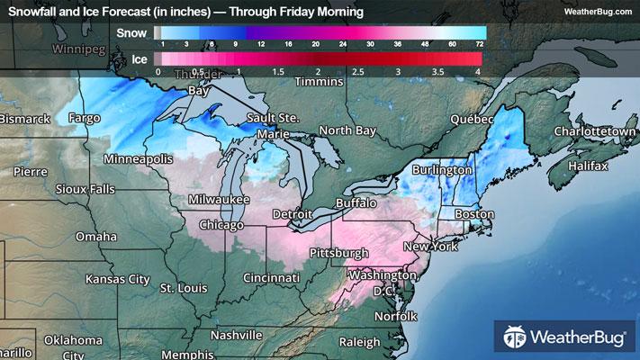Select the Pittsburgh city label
click(x=338, y=253)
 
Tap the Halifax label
click(x=588, y=166)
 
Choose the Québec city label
click(x=472, y=119)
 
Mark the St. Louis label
click(x=184, y=288)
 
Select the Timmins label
click(x=318, y=81)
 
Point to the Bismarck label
click(x=25, y=119)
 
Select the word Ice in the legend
click(x=140, y=58)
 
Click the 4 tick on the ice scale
click(x=478, y=70)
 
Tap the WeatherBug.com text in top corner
click(x=597, y=13)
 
